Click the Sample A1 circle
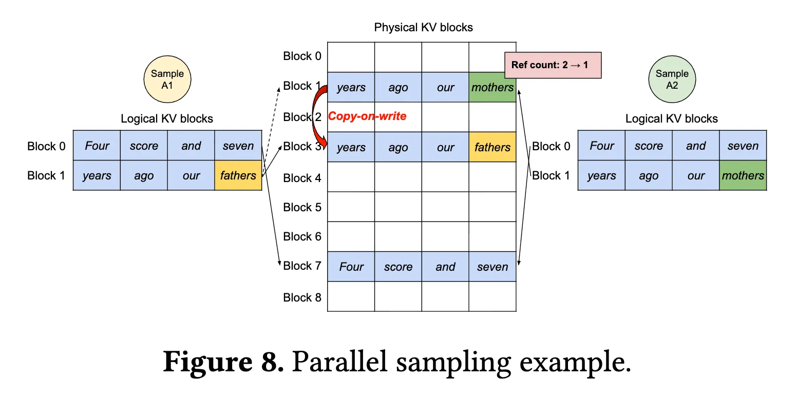coord(167,79)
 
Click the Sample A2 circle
coord(672,79)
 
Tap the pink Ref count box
coord(553,65)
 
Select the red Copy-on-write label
coord(367,116)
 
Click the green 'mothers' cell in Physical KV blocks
coord(492,87)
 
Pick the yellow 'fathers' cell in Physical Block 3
coord(492,147)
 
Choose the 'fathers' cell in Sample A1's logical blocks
coord(238,175)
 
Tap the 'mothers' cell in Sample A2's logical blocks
coord(743,175)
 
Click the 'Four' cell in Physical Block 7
coord(351,267)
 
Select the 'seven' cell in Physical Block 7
coord(492,267)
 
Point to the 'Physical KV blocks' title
coord(423,27)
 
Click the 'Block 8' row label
coord(302,297)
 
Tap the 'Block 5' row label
coord(302,207)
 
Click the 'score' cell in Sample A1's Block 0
coord(144,146)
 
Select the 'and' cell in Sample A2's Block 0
coord(696,146)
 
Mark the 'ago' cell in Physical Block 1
coord(398,87)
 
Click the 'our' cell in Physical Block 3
coord(445,147)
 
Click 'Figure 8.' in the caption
coord(223,362)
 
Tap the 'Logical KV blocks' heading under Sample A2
coord(672,118)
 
